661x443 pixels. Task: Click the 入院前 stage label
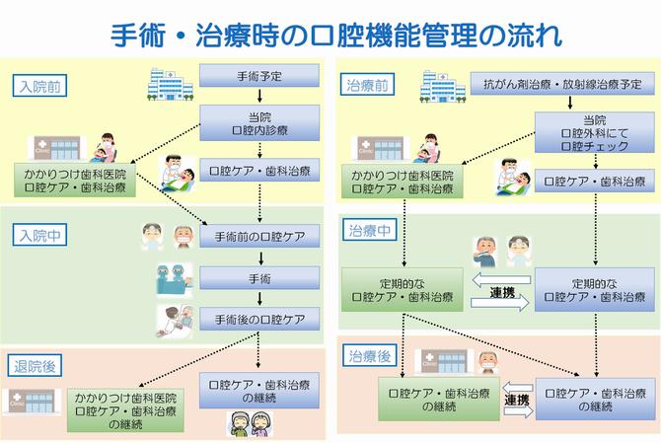click(40, 86)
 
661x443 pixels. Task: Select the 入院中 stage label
click(40, 237)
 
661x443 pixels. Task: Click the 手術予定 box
click(258, 75)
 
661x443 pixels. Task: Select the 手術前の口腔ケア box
click(258, 237)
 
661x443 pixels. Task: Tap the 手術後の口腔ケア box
click(258, 320)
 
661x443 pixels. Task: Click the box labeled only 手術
click(258, 278)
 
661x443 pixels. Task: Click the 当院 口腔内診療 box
click(258, 121)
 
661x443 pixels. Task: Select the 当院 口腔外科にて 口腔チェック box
click(593, 132)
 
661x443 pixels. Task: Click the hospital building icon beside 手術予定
click(169, 84)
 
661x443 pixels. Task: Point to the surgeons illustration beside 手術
click(173, 279)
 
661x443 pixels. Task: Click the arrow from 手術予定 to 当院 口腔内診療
click(258, 95)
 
